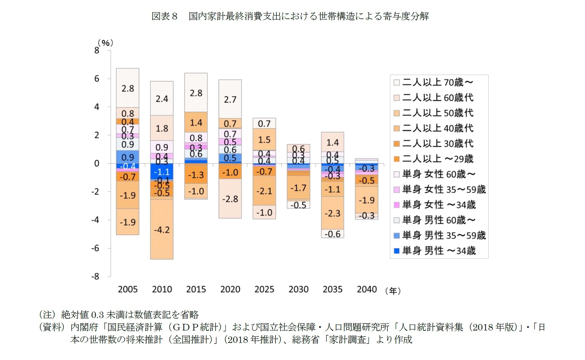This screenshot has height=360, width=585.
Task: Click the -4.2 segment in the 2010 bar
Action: [x=162, y=230]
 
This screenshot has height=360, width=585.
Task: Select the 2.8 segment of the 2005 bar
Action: [x=128, y=88]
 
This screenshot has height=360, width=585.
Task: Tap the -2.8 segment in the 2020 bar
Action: [x=230, y=199]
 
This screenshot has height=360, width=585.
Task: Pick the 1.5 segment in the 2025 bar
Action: [x=264, y=140]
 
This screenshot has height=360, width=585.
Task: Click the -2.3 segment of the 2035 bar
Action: [x=332, y=213]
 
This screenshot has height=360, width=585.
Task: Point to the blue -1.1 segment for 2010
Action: [x=162, y=172]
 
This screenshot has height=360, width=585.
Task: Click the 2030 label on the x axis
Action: [x=298, y=289]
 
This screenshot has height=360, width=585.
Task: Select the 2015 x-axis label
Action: [x=196, y=289]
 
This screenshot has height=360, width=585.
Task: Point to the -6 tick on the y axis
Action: [x=96, y=248]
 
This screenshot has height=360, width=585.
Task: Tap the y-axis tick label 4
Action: [x=97, y=107]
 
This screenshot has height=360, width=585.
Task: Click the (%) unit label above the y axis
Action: [x=105, y=43]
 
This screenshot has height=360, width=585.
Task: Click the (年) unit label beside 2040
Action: [x=393, y=291]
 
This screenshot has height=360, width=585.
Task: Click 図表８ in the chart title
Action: [x=164, y=16]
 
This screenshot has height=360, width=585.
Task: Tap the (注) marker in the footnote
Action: [x=47, y=315]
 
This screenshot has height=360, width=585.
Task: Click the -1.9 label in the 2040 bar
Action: [x=366, y=200]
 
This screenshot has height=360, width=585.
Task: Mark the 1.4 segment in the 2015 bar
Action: [x=196, y=123]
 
